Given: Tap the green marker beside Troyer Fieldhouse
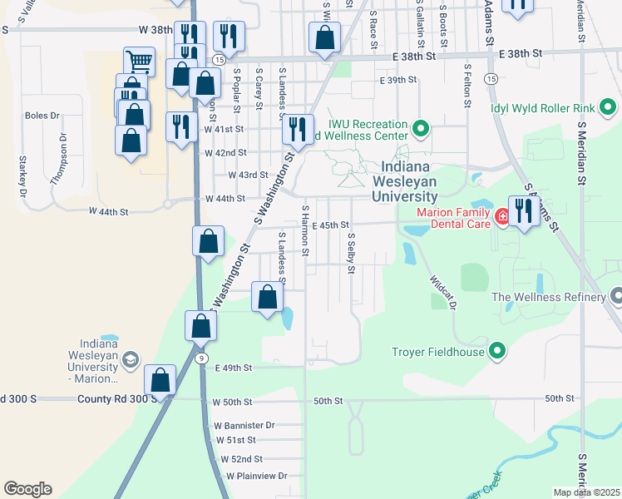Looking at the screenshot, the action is coord(497,351).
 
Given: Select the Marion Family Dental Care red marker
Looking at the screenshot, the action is coord(502,217).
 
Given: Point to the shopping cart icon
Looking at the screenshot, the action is coord(139,61).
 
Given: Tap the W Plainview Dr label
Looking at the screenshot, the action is coord(256,476).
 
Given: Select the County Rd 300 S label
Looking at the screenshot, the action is coord(111,398).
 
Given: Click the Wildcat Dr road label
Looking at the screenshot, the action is coord(443,294).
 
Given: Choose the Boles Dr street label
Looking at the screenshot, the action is coord(42,116).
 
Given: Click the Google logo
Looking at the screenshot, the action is coord(27,489).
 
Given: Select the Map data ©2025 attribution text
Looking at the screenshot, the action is coord(586,492).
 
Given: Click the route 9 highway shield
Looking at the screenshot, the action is coord(201,358).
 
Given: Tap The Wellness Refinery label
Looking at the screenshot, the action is coord(550,297).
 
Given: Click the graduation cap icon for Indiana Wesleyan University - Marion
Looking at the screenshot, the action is coord(130,359).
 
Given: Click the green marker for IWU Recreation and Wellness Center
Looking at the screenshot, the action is coord(421,129).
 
